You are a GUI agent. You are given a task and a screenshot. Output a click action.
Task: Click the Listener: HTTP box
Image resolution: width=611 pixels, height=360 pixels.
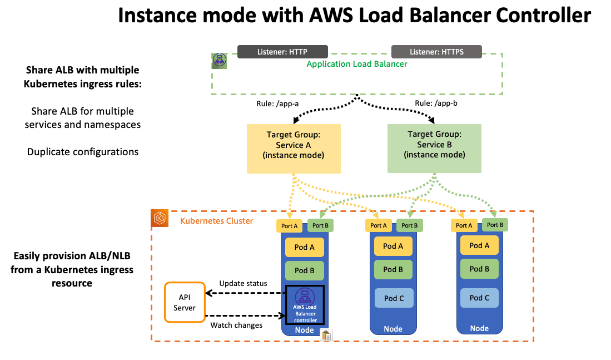(x=282, y=52)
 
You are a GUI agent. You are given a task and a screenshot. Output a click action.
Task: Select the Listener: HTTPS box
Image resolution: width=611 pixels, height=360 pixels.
(x=436, y=52)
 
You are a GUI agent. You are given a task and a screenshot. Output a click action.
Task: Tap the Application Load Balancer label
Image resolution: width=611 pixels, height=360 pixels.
(x=357, y=64)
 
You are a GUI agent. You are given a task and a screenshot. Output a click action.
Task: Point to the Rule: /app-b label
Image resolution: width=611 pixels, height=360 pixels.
(x=436, y=103)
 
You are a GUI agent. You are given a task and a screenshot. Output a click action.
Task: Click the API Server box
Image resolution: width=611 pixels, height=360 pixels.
(x=184, y=302)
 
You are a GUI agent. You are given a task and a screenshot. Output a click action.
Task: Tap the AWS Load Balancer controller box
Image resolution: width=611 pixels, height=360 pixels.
(x=305, y=305)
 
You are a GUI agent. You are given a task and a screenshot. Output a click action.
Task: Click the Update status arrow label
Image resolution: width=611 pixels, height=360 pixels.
(x=243, y=283)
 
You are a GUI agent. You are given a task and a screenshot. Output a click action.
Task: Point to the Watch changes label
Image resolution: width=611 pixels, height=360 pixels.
(x=236, y=325)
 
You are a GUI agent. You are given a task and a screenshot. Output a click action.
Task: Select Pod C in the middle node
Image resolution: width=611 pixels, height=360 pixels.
(x=394, y=298)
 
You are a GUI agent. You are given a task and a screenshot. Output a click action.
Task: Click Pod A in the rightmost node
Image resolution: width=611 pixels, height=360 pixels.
(x=479, y=245)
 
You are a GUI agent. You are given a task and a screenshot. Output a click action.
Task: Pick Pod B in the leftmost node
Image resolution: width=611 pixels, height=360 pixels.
(x=305, y=270)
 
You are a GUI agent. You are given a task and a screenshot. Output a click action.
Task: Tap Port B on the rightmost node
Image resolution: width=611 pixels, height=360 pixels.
(x=494, y=225)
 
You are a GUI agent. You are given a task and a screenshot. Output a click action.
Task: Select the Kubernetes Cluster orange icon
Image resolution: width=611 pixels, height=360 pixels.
(x=160, y=219)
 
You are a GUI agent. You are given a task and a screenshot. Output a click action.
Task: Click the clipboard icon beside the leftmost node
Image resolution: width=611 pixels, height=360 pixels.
(x=326, y=335)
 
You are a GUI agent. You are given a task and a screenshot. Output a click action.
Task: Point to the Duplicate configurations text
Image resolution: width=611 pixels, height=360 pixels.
(x=83, y=151)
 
